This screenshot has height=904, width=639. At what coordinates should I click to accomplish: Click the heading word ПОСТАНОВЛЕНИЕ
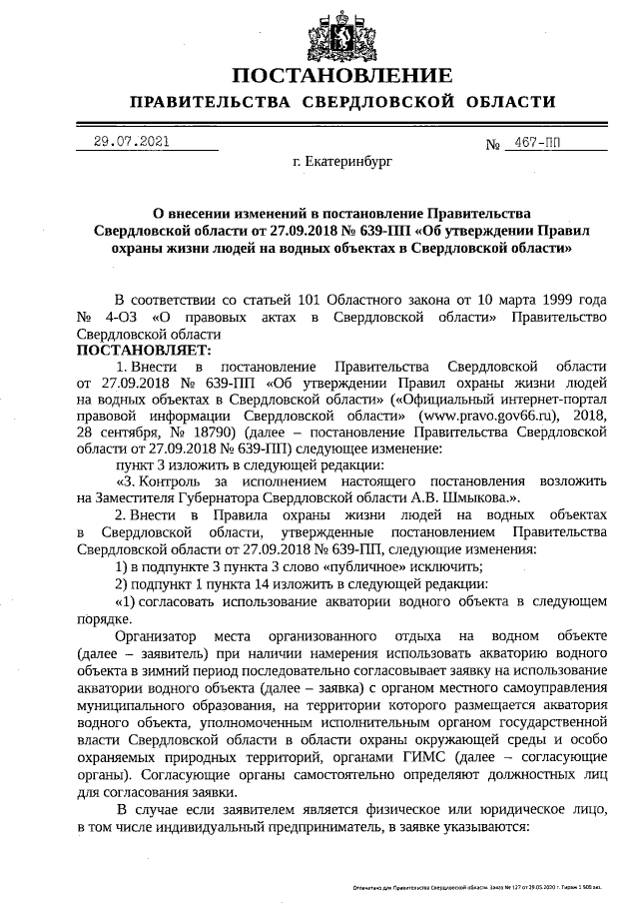(342, 77)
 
